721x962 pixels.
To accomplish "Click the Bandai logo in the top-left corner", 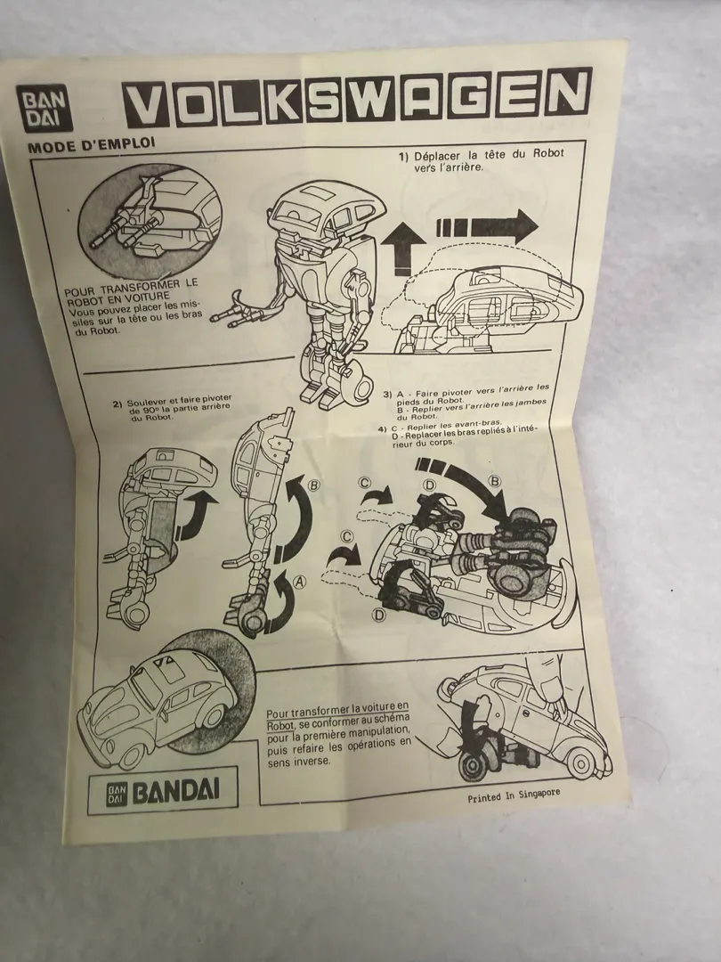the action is click(45, 108).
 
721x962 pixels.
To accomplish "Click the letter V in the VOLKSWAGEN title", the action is click(147, 103).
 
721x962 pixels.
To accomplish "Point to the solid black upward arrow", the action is click(402, 248).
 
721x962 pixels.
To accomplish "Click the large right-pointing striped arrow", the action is click(488, 226).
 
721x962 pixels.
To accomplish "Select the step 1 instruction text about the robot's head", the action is click(481, 159).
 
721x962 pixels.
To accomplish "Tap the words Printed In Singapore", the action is click(514, 795).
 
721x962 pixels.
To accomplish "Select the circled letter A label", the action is click(300, 582).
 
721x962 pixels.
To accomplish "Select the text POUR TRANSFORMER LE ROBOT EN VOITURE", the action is click(131, 292).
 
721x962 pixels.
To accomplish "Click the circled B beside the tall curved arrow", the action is click(314, 486).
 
